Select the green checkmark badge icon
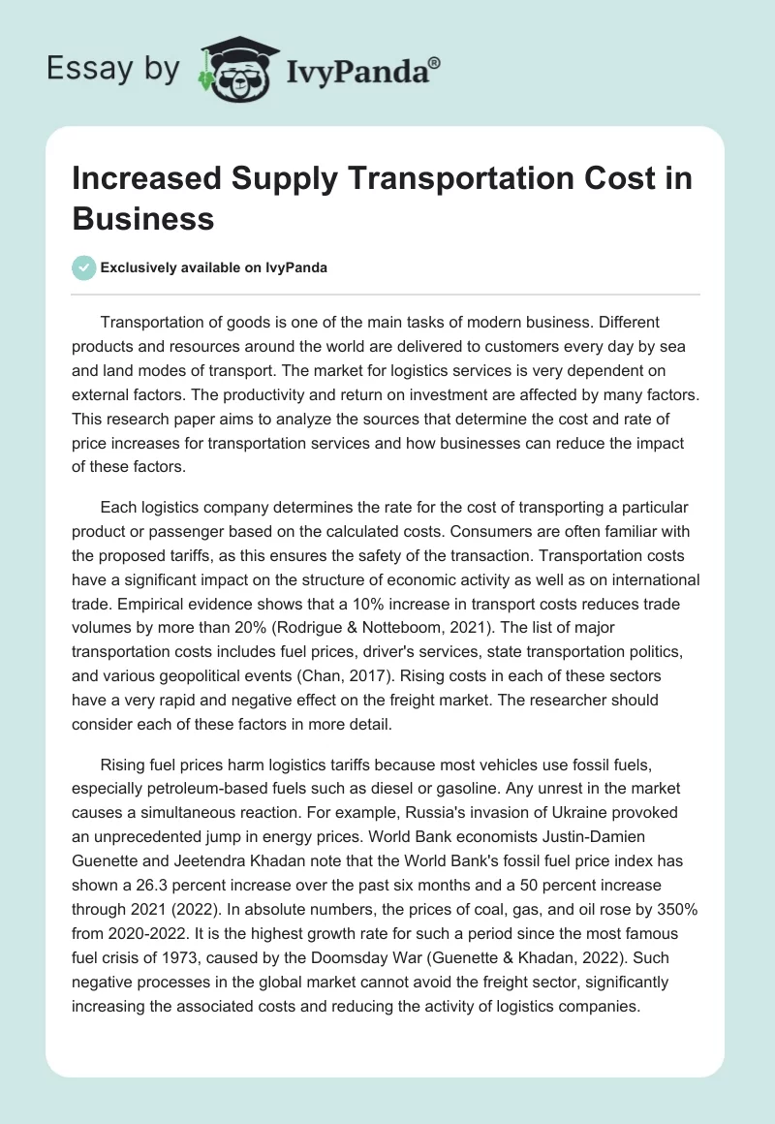pyautogui.click(x=84, y=267)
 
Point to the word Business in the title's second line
pyautogui.click(x=143, y=220)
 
